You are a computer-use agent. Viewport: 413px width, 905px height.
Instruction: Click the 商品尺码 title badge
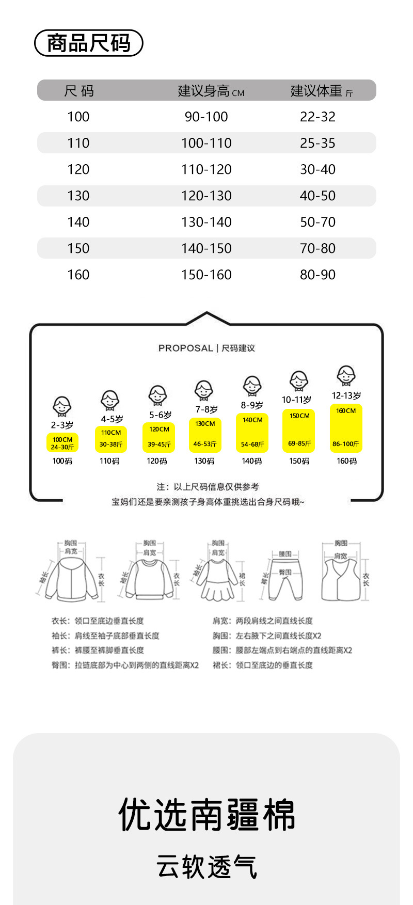coord(88,43)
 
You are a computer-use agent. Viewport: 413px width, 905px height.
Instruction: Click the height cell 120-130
coord(206,196)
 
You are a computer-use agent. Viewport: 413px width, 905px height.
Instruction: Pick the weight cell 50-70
coord(317,222)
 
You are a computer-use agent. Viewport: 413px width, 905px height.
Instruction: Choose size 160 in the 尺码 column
coord(78,275)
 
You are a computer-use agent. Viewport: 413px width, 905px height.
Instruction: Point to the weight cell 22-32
coord(317,117)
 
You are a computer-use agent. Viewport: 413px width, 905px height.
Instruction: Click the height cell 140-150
coord(206,248)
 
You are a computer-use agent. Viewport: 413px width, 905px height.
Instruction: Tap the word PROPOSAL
coord(185,348)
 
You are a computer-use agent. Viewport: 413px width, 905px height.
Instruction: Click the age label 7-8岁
coord(206,409)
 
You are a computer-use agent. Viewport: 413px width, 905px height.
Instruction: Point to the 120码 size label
coord(157,461)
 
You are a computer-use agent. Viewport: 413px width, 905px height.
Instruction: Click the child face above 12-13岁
coord(346,375)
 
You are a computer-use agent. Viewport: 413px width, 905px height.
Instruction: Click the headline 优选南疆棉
coord(206,815)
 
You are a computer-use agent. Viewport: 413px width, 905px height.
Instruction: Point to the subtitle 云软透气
coord(206,867)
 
